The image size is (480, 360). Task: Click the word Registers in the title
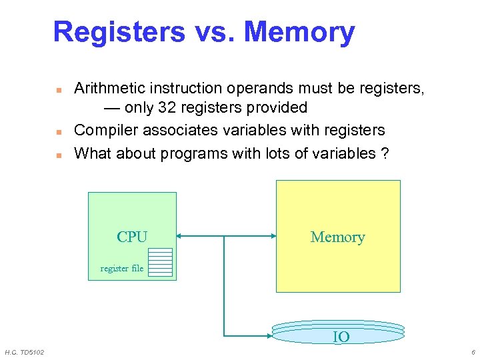click(119, 32)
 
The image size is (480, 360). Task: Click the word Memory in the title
click(299, 32)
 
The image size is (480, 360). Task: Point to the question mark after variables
click(385, 153)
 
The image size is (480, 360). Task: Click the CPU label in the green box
click(131, 237)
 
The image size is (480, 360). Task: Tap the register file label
click(121, 269)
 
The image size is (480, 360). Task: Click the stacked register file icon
click(161, 261)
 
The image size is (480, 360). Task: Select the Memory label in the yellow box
click(337, 237)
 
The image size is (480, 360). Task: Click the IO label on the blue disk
click(341, 337)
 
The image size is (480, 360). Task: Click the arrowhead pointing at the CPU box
click(181, 235)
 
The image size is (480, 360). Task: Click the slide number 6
click(472, 352)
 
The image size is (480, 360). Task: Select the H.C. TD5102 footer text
click(25, 352)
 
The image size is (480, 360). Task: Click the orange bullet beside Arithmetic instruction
click(58, 89)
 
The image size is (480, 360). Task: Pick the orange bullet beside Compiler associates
click(58, 131)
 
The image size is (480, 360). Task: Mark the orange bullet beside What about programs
click(58, 155)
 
